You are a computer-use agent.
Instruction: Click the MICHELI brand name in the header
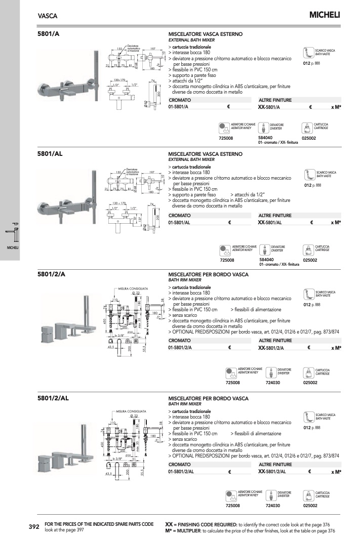coord(325,15)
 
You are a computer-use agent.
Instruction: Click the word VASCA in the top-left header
coord(48,16)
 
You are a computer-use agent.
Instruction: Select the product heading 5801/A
coord(49,34)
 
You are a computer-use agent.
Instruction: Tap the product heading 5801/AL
coord(50,153)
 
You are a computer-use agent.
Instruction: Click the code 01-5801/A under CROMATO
coord(179,107)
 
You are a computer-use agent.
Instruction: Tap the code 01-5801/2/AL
coord(183,472)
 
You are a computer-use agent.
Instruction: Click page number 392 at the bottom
coord(34,527)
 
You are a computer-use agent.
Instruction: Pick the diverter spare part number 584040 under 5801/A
coord(266,137)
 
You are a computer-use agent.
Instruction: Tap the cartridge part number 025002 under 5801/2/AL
coord(310,505)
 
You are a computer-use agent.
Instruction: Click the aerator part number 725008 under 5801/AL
coord(227,260)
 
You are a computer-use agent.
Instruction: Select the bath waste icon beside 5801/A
coord(308,53)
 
